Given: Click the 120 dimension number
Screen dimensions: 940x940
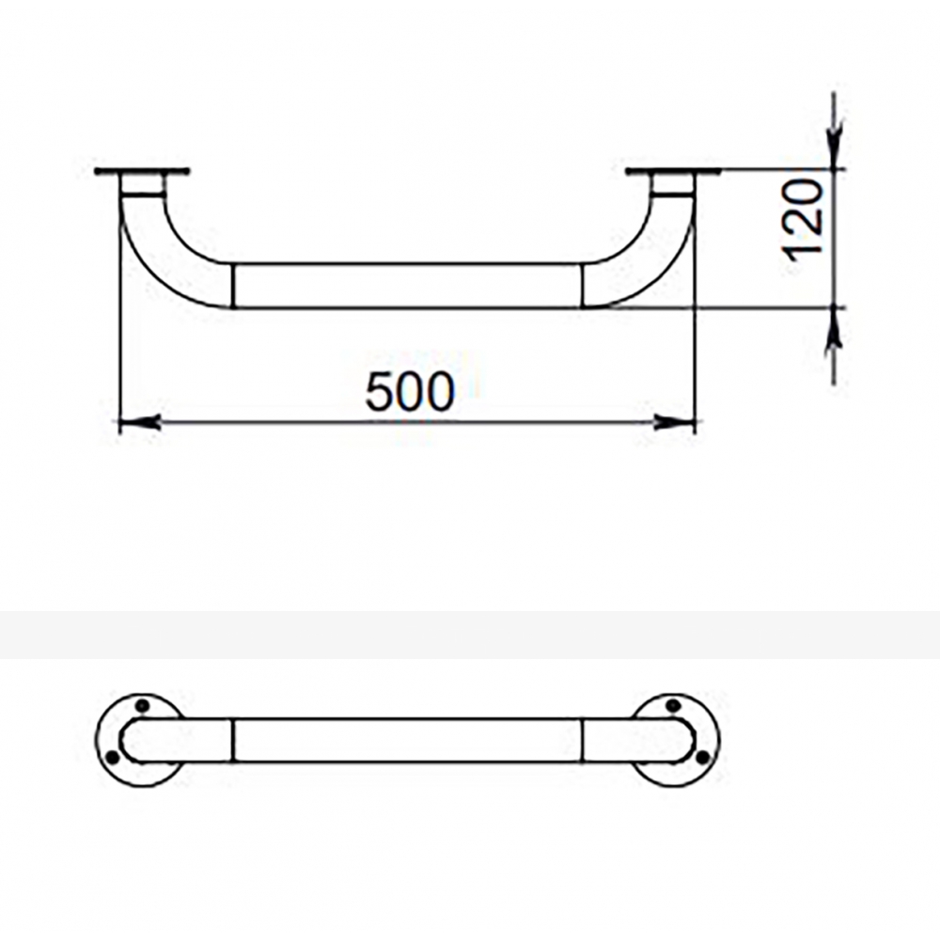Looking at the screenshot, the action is point(804,221).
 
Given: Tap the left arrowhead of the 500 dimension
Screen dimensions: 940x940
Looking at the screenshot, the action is point(140,422).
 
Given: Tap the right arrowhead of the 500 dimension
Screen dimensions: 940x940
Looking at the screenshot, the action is point(674,422).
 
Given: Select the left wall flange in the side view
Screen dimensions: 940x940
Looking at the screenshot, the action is point(142,172).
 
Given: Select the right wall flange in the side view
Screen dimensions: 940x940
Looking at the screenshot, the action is point(673,172).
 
